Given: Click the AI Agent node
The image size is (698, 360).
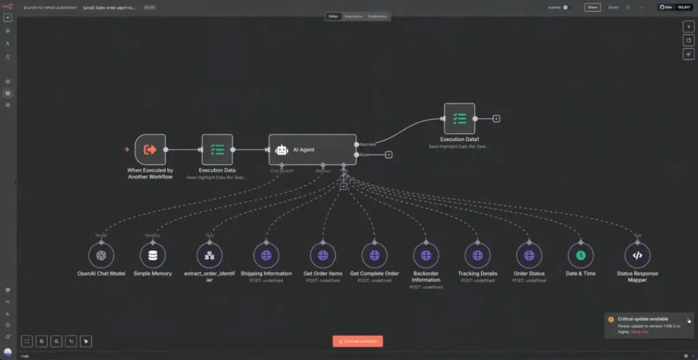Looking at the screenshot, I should click(x=312, y=149).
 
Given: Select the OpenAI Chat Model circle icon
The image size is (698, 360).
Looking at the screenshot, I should click(x=102, y=256).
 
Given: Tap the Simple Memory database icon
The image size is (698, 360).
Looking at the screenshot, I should click(x=153, y=256).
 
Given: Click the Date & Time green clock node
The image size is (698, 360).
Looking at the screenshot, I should click(x=580, y=256).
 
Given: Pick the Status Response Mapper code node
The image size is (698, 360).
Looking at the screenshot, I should click(x=637, y=256).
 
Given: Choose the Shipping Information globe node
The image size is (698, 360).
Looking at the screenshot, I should click(x=266, y=256).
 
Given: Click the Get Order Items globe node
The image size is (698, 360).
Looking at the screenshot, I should click(x=322, y=256).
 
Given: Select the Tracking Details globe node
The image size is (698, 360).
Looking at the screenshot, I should click(x=477, y=256).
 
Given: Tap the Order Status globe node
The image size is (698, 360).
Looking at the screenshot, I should click(x=529, y=256).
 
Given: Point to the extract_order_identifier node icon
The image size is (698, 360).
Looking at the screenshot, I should click(x=209, y=256).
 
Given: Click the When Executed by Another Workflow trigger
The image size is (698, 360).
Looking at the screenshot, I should click(x=150, y=149).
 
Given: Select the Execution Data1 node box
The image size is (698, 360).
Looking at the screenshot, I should click(x=459, y=119).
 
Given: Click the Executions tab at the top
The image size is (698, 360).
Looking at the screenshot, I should click(x=352, y=16).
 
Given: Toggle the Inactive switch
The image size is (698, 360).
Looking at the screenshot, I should click(x=565, y=7).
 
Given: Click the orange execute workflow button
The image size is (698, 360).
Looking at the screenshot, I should click(x=358, y=341).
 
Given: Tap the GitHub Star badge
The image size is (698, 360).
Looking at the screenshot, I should click(x=675, y=7).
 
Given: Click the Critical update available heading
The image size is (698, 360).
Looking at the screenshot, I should click(x=643, y=318).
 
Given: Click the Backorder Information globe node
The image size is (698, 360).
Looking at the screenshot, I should click(x=425, y=256).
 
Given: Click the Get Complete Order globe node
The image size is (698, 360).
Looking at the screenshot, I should click(x=374, y=256).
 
